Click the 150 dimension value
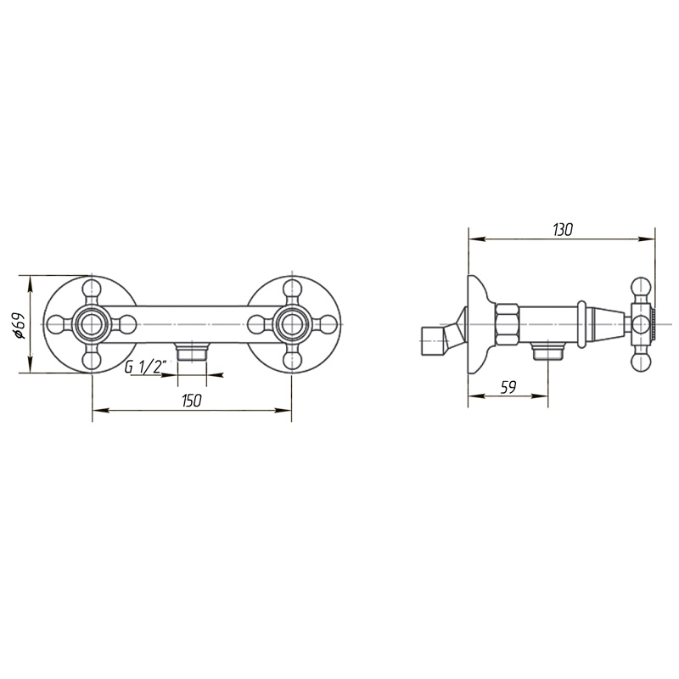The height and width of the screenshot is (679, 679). click(x=192, y=401)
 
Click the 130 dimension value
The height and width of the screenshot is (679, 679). click(x=563, y=229)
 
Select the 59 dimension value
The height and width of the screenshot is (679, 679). click(x=508, y=388)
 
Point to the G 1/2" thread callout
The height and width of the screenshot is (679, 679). click(x=145, y=368)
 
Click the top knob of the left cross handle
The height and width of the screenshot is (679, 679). click(x=92, y=288)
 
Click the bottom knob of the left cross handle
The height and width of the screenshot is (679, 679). click(x=92, y=360)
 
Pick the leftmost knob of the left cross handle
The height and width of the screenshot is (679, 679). click(x=55, y=324)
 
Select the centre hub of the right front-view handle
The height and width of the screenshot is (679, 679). click(x=292, y=324)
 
